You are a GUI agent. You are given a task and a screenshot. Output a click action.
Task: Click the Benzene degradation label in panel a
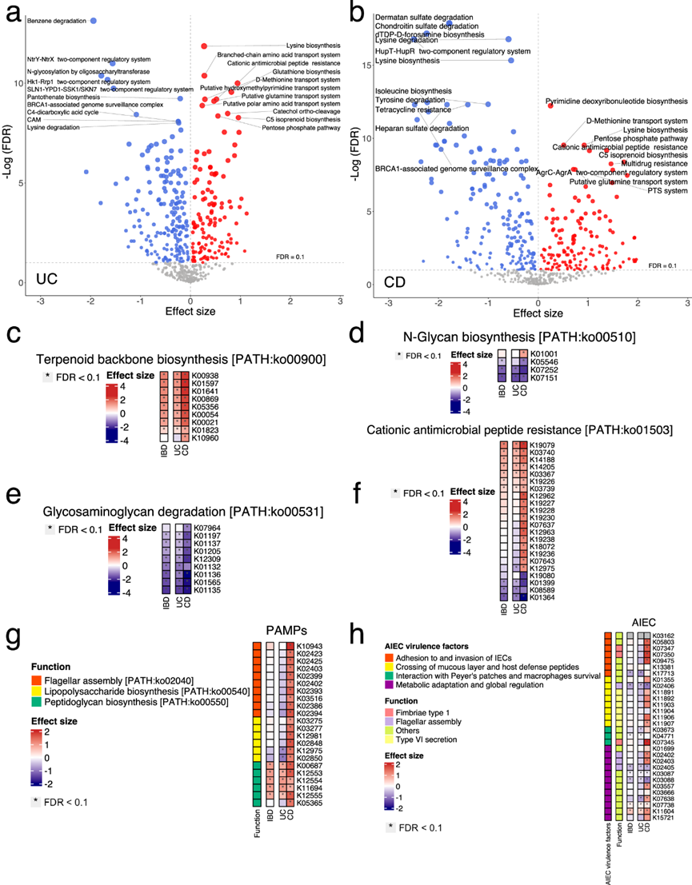coord(56,21)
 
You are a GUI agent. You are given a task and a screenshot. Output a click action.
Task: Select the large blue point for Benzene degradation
coord(94,21)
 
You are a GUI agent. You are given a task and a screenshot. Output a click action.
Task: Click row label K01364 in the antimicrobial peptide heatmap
coord(543,597)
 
